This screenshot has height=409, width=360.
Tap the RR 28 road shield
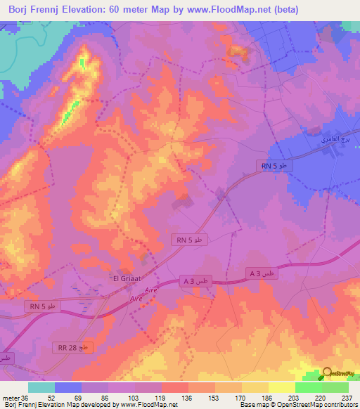pos(72,347)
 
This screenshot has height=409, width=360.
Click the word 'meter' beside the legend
pos(10,398)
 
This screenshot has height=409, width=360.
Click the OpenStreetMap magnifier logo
pos(327,374)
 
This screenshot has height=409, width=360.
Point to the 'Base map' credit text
pos(254,405)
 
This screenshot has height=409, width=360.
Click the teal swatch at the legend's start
pos(41,387)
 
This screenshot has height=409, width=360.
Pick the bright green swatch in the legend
pos(308,387)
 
